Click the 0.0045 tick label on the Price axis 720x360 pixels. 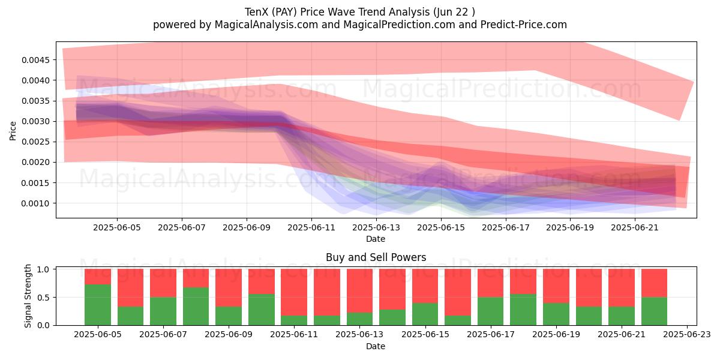(x=36, y=60)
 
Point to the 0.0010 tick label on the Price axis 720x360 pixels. (x=36, y=203)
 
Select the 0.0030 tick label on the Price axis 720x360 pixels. (x=36, y=121)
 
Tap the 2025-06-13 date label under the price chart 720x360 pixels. (x=376, y=227)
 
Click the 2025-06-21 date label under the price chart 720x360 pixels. (x=635, y=227)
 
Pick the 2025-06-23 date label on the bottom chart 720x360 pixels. (x=687, y=335)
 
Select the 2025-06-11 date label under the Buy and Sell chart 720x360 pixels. (x=294, y=335)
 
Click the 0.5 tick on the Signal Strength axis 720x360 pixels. (x=43, y=298)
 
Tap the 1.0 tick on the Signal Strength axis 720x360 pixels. (x=43, y=269)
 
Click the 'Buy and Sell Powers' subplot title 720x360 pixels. (x=376, y=257)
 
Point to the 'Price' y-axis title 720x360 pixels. (x=13, y=131)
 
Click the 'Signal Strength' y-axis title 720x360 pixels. (x=28, y=296)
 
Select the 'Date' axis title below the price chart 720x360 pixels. (x=376, y=239)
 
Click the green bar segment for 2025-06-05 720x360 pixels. (x=98, y=305)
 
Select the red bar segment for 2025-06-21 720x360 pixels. (x=622, y=288)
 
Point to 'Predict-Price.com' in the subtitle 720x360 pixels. (x=524, y=25)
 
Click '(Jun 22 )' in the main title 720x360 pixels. (x=454, y=12)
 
